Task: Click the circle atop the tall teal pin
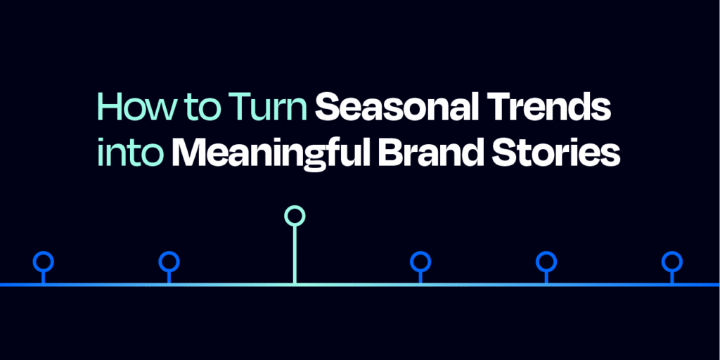[295, 215]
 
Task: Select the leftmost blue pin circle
[44, 262]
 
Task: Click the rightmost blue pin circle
[672, 262]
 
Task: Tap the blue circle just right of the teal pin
[420, 262]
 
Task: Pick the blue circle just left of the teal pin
[169, 262]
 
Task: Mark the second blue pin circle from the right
[546, 262]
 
